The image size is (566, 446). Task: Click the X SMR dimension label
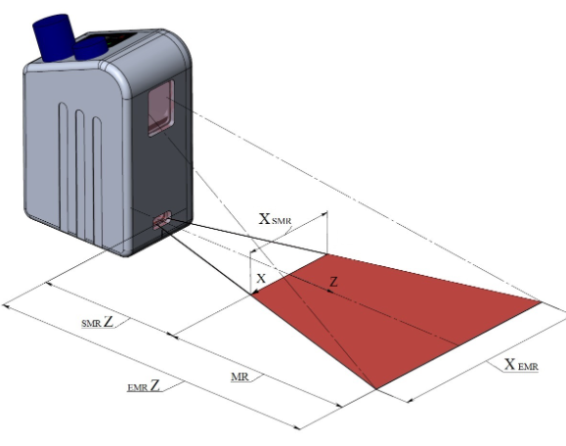(x=275, y=219)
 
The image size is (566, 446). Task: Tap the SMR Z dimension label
(x=97, y=322)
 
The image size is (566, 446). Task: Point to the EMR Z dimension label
(x=144, y=385)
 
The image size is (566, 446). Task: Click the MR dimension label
(x=239, y=377)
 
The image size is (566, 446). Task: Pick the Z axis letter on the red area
(x=334, y=282)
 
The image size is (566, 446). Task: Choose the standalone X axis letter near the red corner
(x=261, y=278)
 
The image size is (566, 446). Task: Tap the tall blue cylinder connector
(x=54, y=37)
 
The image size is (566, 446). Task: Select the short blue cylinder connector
(x=90, y=48)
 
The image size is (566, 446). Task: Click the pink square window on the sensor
(x=161, y=108)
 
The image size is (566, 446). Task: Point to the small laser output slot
(x=162, y=220)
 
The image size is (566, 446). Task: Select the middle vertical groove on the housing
(x=80, y=175)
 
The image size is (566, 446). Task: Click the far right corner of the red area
(x=542, y=301)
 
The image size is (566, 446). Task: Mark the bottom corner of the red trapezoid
(x=375, y=389)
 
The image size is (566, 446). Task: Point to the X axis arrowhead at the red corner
(x=255, y=291)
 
